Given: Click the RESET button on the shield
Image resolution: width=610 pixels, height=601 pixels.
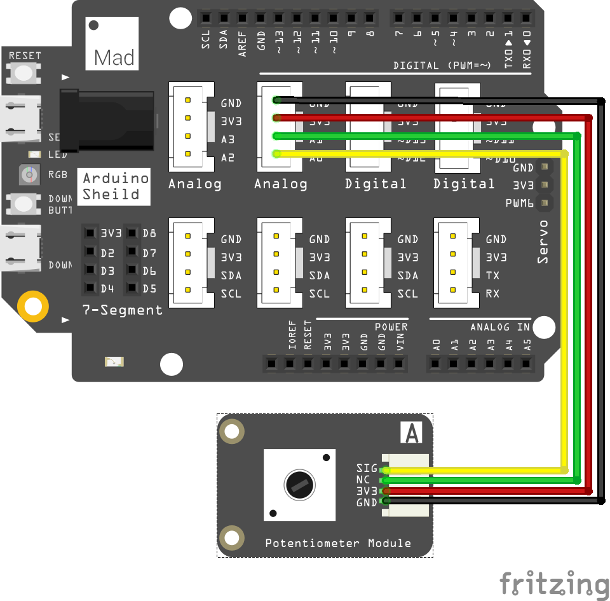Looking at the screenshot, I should [24, 73].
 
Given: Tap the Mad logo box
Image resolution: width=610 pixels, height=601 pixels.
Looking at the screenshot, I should [112, 44].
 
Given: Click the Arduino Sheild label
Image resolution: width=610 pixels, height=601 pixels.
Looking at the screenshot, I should [114, 186].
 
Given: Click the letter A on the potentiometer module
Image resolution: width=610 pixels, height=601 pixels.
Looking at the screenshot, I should [412, 433].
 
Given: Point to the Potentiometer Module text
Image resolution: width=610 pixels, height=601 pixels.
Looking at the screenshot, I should [337, 543].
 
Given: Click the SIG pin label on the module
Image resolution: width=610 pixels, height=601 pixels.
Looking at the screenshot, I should [367, 469].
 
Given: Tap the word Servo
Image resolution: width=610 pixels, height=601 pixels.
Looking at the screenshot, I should [543, 242].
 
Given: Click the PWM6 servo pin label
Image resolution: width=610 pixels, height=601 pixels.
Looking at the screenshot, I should [519, 204].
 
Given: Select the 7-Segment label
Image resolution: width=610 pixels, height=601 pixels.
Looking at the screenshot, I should [123, 310].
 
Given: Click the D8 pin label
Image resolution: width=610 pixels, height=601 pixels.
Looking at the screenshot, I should [150, 233].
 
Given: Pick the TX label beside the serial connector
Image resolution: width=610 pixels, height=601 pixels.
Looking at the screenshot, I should [492, 275].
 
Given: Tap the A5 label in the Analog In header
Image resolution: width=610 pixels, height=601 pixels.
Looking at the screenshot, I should [527, 345].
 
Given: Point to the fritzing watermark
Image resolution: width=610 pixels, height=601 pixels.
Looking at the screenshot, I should [553, 584].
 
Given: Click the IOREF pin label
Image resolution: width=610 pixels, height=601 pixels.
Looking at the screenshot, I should [292, 336].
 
